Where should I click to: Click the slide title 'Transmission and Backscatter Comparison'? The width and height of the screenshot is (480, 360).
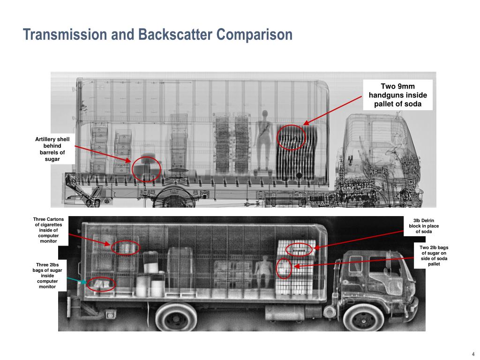click(x=157, y=34)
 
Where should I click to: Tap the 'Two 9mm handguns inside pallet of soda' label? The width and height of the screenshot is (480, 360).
click(x=397, y=95)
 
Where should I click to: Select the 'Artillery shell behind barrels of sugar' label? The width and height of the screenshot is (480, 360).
click(x=52, y=149)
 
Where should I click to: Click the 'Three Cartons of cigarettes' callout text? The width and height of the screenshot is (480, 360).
click(x=48, y=230)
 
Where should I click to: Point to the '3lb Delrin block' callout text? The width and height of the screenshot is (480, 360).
click(x=424, y=226)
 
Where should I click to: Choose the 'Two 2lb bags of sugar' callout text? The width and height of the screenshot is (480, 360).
click(x=434, y=255)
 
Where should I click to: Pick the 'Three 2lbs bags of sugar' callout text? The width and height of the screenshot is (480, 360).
click(x=47, y=276)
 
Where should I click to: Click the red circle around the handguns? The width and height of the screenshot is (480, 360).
click(x=277, y=137)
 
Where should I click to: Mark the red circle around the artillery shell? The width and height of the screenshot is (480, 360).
click(x=132, y=169)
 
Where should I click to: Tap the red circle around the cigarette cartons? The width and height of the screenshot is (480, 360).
click(x=111, y=247)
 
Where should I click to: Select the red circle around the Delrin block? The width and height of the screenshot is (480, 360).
click(x=286, y=249)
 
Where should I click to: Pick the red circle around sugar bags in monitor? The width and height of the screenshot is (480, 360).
click(x=87, y=285)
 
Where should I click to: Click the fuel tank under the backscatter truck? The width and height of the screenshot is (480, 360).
click(x=285, y=313)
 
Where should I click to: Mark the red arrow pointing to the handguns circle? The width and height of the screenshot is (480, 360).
click(x=333, y=110)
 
